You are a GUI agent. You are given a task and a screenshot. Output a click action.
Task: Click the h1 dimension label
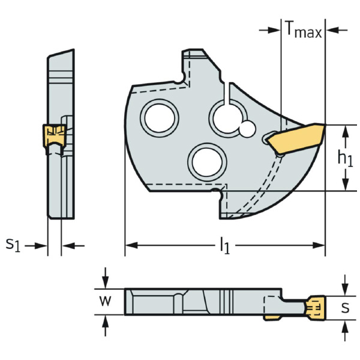pos(344,158)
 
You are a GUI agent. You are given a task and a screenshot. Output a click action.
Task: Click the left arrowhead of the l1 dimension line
pos(130,245)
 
